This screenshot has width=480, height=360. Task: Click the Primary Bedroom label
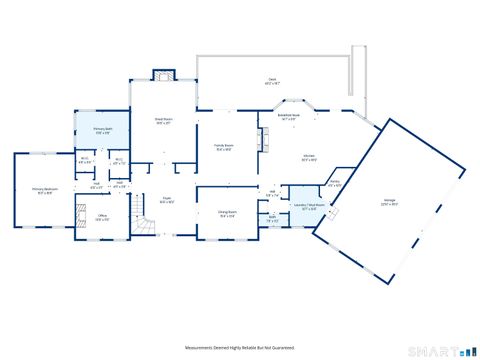(44, 190)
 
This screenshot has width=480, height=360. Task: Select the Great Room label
(165, 122)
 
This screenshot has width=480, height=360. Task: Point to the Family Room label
(224, 147)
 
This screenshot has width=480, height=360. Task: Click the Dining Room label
(227, 213)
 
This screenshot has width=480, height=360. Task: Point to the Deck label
(271, 80)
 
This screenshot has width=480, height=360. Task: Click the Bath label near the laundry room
(272, 219)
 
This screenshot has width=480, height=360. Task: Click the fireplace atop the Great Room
(163, 76)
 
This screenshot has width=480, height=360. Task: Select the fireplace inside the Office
(80, 213)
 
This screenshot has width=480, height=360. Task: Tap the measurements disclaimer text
(239, 347)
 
